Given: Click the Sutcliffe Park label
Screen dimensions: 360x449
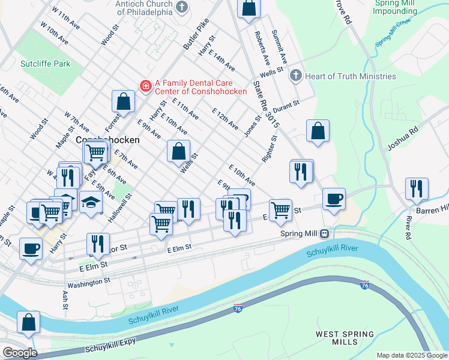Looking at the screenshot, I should (x=45, y=64).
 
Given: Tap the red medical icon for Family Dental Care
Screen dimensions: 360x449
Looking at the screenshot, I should (x=145, y=86).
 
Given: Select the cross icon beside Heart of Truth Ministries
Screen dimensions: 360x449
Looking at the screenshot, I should (x=295, y=76).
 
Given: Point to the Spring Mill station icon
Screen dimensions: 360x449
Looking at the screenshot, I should (x=324, y=233).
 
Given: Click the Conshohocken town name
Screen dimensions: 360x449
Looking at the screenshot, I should (x=108, y=139).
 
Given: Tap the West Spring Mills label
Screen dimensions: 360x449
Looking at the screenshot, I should (x=345, y=338).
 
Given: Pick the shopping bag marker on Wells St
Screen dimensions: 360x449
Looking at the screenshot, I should (x=178, y=151).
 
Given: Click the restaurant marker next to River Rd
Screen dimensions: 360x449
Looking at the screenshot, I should (x=417, y=188).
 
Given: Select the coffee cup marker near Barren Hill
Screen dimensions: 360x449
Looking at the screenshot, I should (x=334, y=199).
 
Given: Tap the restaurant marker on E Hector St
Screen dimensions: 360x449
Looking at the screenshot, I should (x=97, y=244).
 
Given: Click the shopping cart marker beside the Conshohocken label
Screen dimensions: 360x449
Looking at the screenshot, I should (x=95, y=152).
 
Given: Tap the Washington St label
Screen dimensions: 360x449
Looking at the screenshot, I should (x=89, y=280).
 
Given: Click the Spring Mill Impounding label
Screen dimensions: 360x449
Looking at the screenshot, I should (x=394, y=7).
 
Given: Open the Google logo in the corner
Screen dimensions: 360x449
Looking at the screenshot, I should (x=20, y=353).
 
